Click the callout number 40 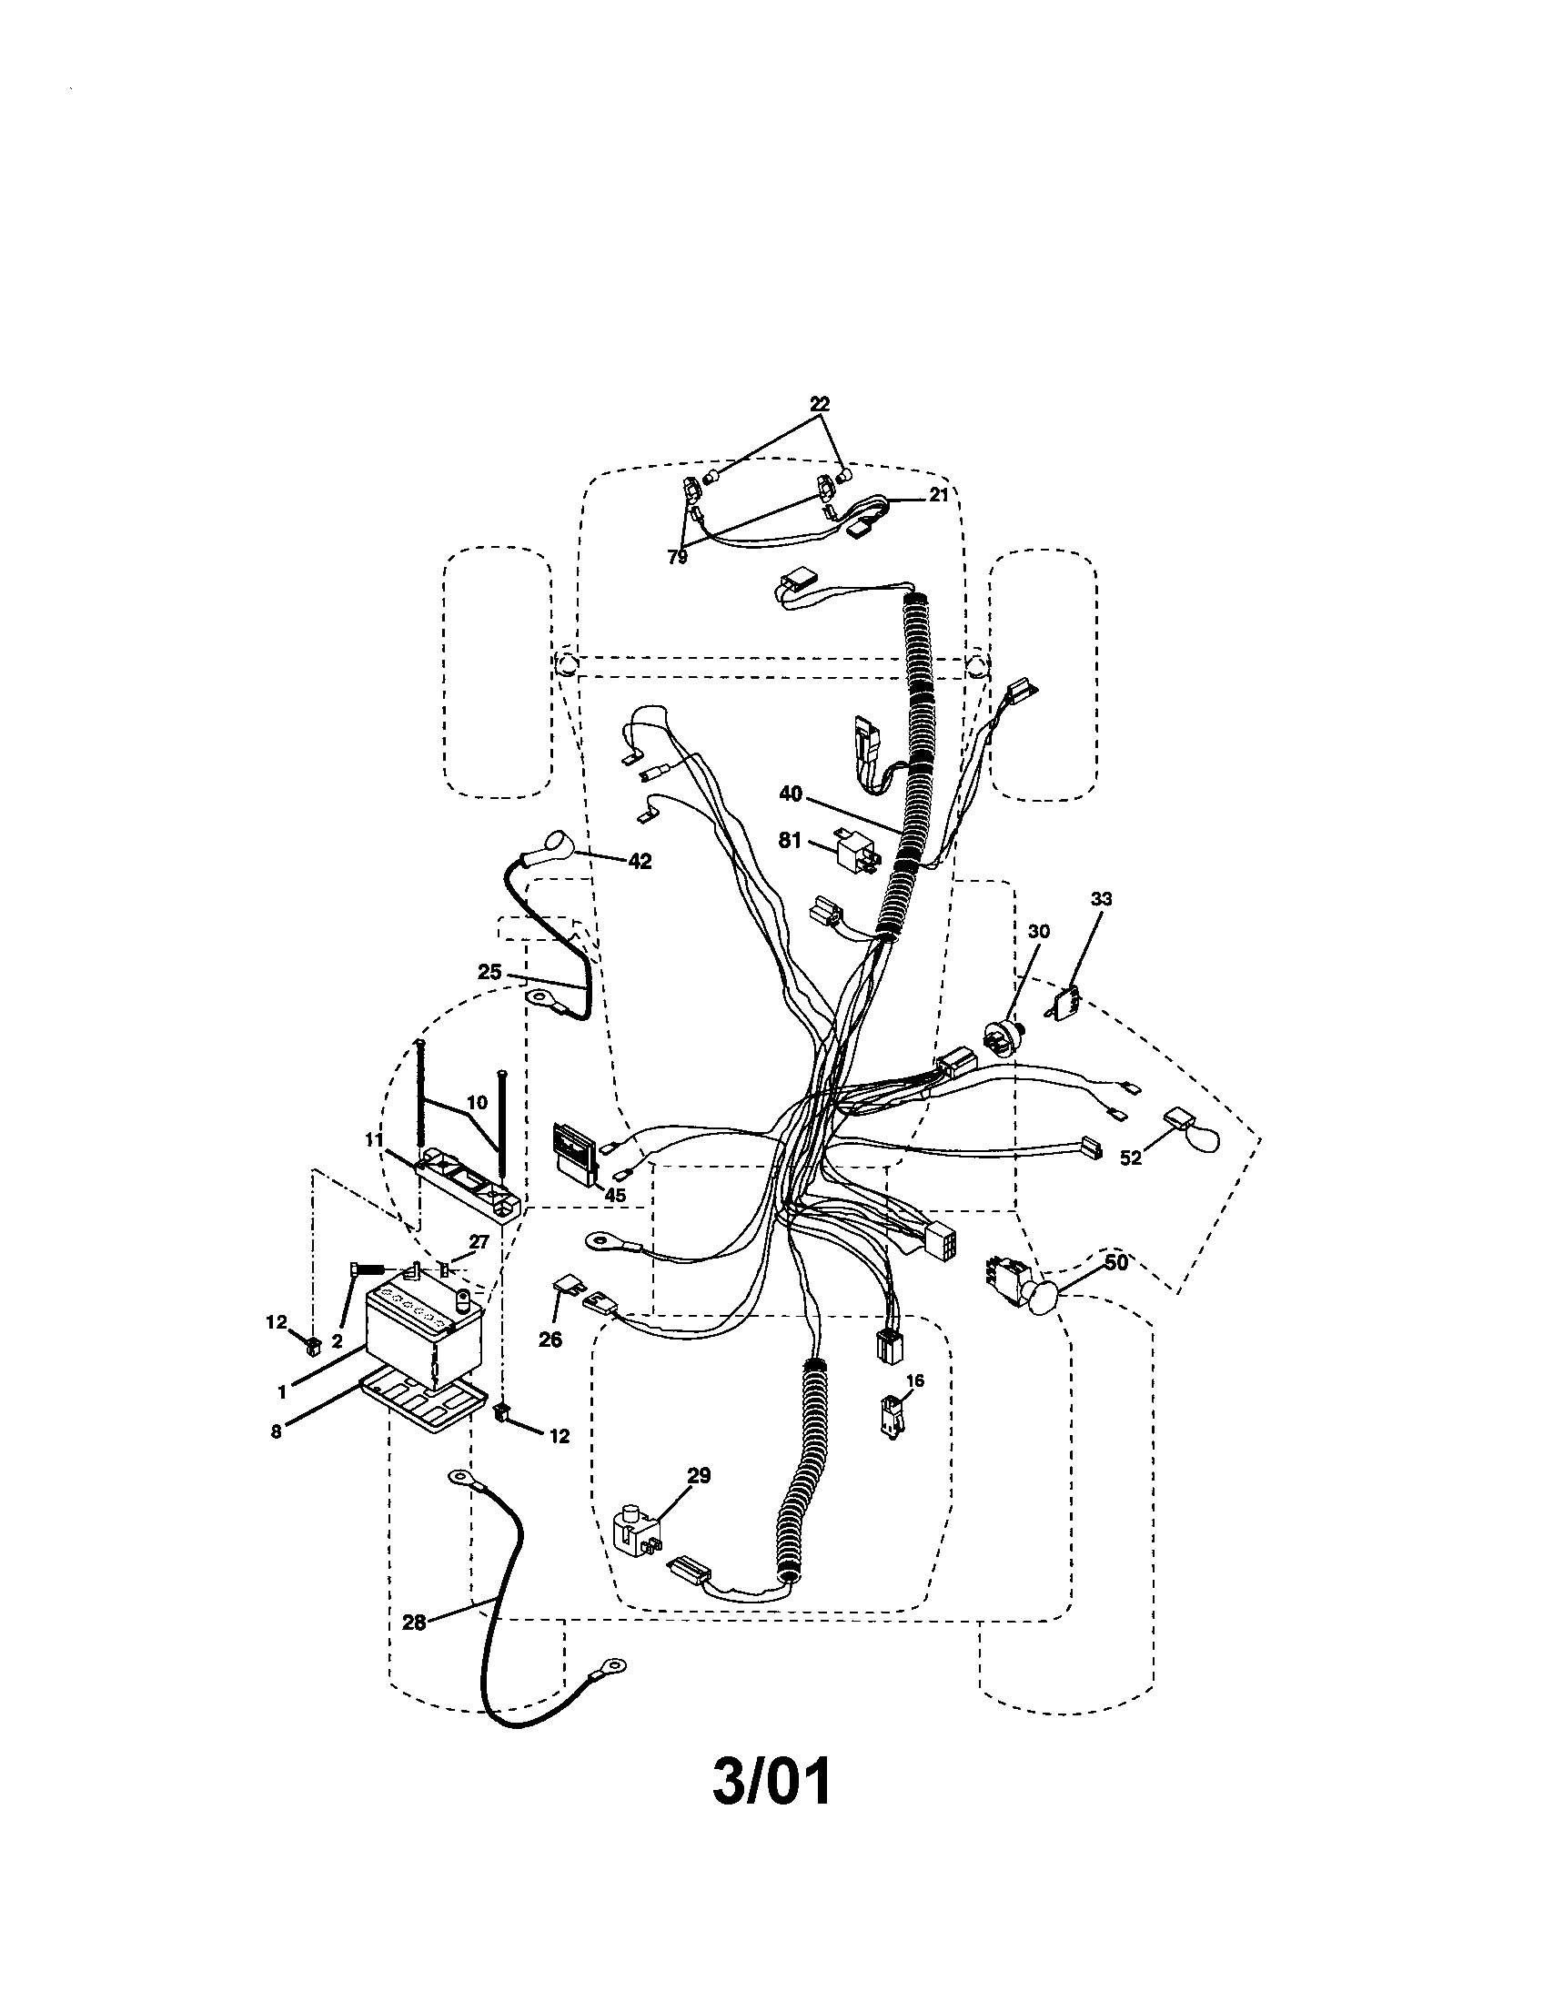[791, 794]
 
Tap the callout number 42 [640, 861]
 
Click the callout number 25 [489, 972]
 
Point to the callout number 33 [1102, 899]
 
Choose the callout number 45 [615, 1195]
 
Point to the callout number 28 [414, 1623]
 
